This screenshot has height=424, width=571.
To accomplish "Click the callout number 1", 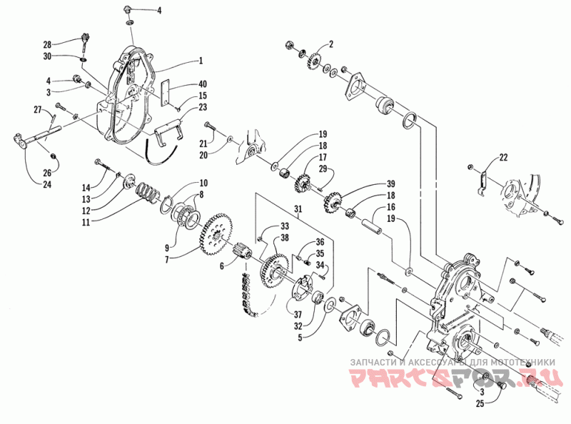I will point(202,61).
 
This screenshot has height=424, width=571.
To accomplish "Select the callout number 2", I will point(330,44).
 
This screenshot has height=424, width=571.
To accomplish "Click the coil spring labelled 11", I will point(148,191).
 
